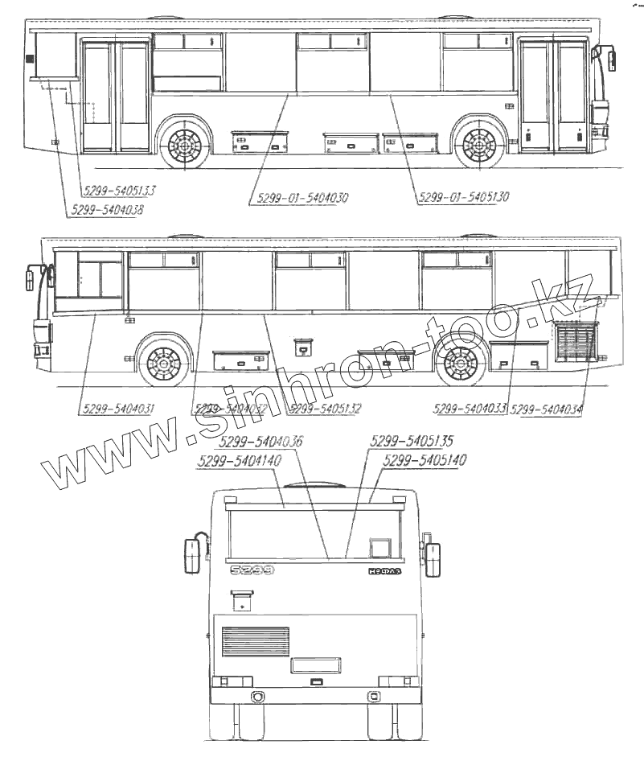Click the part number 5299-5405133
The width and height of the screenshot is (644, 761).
(119, 191)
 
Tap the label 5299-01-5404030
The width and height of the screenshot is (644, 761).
(303, 197)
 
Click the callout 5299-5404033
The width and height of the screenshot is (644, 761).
(469, 409)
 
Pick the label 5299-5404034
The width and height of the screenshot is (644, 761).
(547, 409)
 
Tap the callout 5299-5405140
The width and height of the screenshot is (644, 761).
(426, 461)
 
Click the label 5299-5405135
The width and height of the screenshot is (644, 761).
(412, 442)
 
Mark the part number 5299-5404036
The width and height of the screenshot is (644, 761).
(260, 442)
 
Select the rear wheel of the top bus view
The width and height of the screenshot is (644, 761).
(184, 146)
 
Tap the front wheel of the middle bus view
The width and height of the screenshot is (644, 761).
(163, 364)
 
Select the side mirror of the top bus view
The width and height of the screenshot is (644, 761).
(613, 59)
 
